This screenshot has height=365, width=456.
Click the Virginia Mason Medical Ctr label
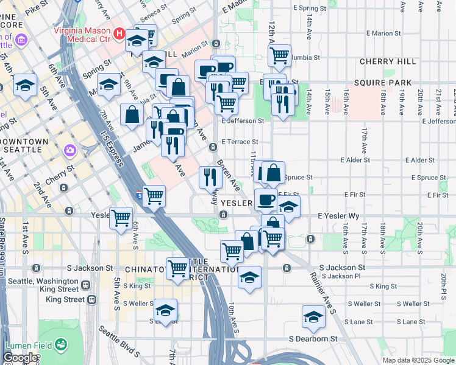click(82, 34)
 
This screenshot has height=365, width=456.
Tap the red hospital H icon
click(120, 34)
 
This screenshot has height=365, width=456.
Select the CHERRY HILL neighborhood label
click(388, 62)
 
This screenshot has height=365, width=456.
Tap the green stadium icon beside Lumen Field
click(62, 345)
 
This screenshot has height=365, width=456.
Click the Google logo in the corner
click(20, 358)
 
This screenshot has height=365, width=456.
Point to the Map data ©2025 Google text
click(418, 360)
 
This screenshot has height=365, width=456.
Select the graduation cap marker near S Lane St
click(313, 316)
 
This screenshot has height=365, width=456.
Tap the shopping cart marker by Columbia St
click(279, 55)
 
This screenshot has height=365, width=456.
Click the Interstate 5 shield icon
click(139, 196)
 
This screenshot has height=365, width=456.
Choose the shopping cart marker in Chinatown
click(177, 267)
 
